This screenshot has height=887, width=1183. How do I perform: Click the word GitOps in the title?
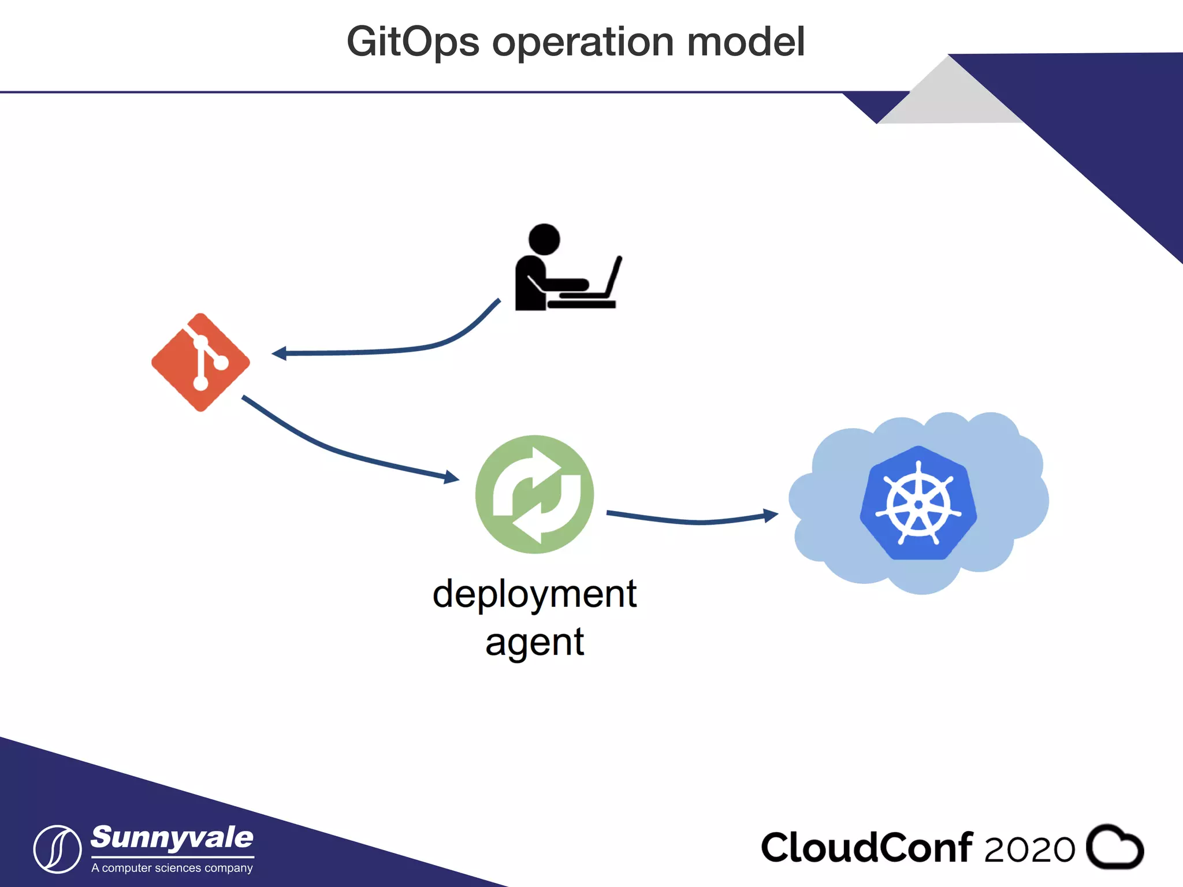pyautogui.click(x=413, y=43)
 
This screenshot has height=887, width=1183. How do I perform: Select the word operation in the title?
pyautogui.click(x=583, y=43)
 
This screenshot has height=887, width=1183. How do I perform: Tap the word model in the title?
pyautogui.click(x=746, y=42)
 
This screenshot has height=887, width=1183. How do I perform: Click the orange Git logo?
pyautogui.click(x=200, y=362)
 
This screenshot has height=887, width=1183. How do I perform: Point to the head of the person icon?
pyautogui.click(x=544, y=238)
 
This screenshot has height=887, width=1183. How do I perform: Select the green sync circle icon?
pyautogui.click(x=534, y=494)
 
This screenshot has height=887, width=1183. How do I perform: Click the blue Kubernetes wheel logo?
pyautogui.click(x=918, y=503)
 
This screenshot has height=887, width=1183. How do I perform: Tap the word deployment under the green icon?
pyautogui.click(x=534, y=594)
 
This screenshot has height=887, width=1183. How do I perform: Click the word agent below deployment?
pyautogui.click(x=534, y=642)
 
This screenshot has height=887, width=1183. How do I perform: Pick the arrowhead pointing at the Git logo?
pyautogui.click(x=279, y=353)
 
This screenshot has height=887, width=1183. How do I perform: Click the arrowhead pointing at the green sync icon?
pyautogui.click(x=451, y=477)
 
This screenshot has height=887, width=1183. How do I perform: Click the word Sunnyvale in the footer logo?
pyautogui.click(x=172, y=838)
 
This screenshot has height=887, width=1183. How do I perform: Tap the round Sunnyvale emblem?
pyautogui.click(x=57, y=849)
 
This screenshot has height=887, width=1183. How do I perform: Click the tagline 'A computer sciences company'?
pyautogui.click(x=172, y=868)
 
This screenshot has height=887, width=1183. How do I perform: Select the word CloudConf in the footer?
pyautogui.click(x=866, y=848)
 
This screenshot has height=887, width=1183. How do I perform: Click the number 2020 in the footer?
pyautogui.click(x=1029, y=849)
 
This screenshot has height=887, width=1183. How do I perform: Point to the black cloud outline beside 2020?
pyautogui.click(x=1114, y=847)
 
